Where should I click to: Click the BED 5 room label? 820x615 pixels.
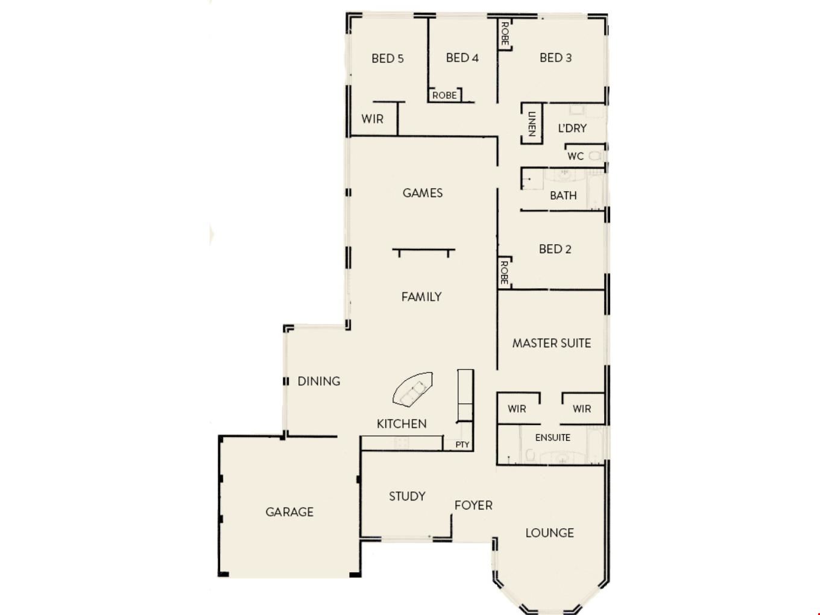click(388, 58)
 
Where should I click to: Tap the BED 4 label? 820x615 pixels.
click(462, 58)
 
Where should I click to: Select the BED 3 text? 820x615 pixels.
click(555, 58)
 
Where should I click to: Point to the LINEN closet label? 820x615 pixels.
click(532, 124)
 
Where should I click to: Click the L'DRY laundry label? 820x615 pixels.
click(572, 128)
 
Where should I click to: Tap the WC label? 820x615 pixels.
click(575, 156)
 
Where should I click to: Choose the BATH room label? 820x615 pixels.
click(563, 195)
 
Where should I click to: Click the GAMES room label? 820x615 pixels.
click(423, 193)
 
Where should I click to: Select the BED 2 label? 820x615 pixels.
click(555, 249)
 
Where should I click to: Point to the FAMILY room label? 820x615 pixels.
click(421, 297)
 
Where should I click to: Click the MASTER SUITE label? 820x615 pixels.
click(552, 343)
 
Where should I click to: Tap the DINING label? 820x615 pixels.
click(319, 381)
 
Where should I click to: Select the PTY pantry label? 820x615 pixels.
click(462, 445)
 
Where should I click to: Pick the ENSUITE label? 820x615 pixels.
click(552, 438)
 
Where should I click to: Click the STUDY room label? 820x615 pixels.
click(407, 496)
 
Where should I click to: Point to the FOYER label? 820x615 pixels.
click(473, 506)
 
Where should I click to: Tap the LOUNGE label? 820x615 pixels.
click(549, 533)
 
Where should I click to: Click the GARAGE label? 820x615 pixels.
click(289, 512)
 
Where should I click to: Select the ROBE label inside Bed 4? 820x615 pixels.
click(444, 96)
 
